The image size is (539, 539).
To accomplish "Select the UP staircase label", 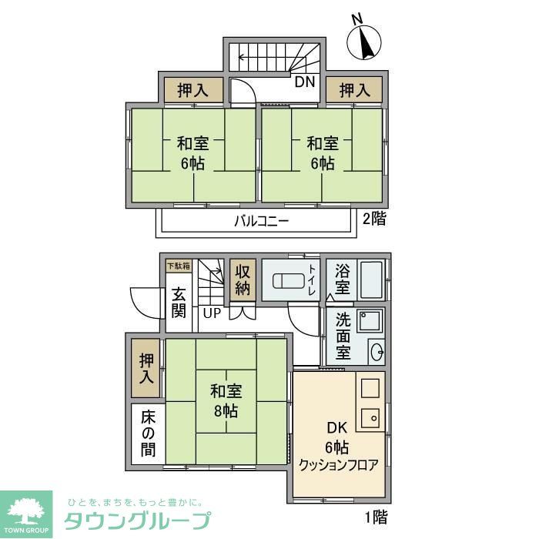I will pyautogui.click(x=211, y=313).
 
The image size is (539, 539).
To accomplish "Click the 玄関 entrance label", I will pyautogui.click(x=179, y=302).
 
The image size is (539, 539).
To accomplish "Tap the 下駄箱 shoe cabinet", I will pyautogui.click(x=178, y=266).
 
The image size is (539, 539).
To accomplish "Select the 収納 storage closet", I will pyautogui.click(x=243, y=280).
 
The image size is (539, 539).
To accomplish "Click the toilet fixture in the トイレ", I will pyautogui.click(x=283, y=280).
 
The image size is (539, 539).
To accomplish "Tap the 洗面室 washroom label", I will pyautogui.click(x=343, y=335).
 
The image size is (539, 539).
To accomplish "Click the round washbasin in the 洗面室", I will pyautogui.click(x=377, y=353).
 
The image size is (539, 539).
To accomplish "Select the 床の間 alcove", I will pyautogui.click(x=146, y=434).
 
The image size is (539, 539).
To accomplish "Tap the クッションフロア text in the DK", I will pyautogui.click(x=339, y=465).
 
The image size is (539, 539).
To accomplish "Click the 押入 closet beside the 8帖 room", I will pyautogui.click(x=146, y=369).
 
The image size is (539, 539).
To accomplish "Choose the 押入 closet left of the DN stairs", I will pyautogui.click(x=192, y=90).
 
